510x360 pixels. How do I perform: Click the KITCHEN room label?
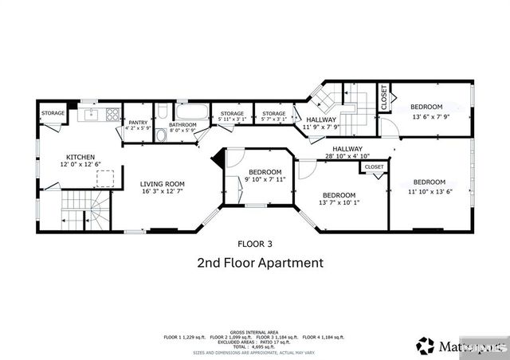[81, 157]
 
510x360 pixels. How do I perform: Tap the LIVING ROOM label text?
[163, 183]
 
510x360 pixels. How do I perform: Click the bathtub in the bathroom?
[192, 112]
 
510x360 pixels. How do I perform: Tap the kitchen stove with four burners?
[112, 114]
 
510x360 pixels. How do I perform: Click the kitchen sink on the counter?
[91, 114]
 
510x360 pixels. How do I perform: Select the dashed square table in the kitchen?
[104, 177]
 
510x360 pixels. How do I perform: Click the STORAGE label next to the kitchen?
[53, 113]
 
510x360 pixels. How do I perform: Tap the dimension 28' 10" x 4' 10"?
[347, 157]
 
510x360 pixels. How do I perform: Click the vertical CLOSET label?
[383, 98]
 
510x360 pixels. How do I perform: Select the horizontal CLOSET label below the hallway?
[374, 167]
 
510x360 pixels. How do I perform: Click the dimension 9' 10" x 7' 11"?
[265, 180]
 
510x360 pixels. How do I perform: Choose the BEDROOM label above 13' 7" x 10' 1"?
[339, 194]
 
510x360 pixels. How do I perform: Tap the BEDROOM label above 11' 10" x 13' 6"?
[429, 182]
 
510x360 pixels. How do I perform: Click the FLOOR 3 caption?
[255, 243]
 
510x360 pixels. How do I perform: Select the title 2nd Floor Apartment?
[260, 262]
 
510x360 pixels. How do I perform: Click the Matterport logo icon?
[426, 346]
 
